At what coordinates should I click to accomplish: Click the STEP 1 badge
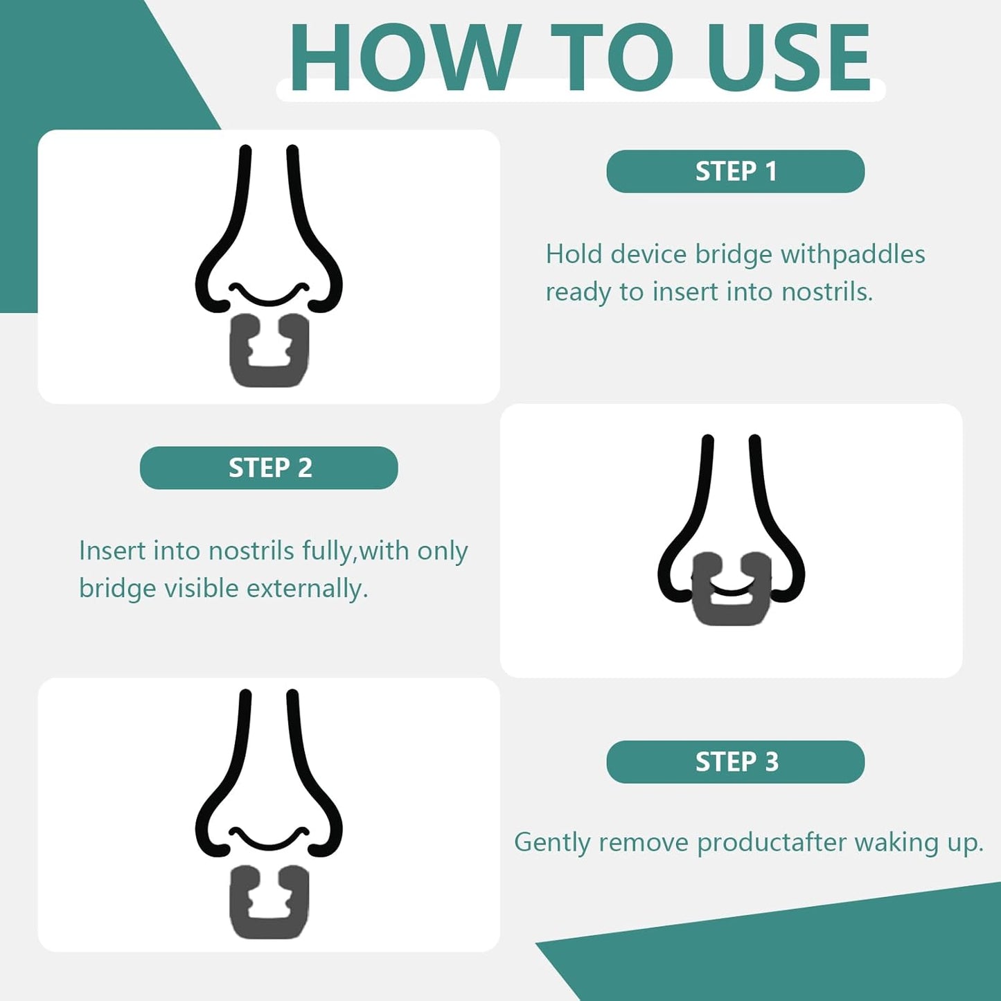(735, 171)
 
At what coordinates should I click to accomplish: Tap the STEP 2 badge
(269, 468)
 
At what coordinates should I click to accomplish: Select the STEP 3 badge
(735, 762)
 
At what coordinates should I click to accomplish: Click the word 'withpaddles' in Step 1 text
(853, 255)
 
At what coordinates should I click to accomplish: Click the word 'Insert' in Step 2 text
(112, 551)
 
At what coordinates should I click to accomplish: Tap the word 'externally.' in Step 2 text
(307, 589)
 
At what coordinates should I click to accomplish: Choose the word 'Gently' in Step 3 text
(552, 842)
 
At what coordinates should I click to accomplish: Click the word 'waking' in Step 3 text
(896, 842)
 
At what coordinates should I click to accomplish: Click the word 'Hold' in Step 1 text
(574, 254)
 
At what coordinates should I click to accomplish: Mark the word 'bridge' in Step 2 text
(117, 589)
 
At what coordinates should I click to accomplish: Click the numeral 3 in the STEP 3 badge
(772, 762)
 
